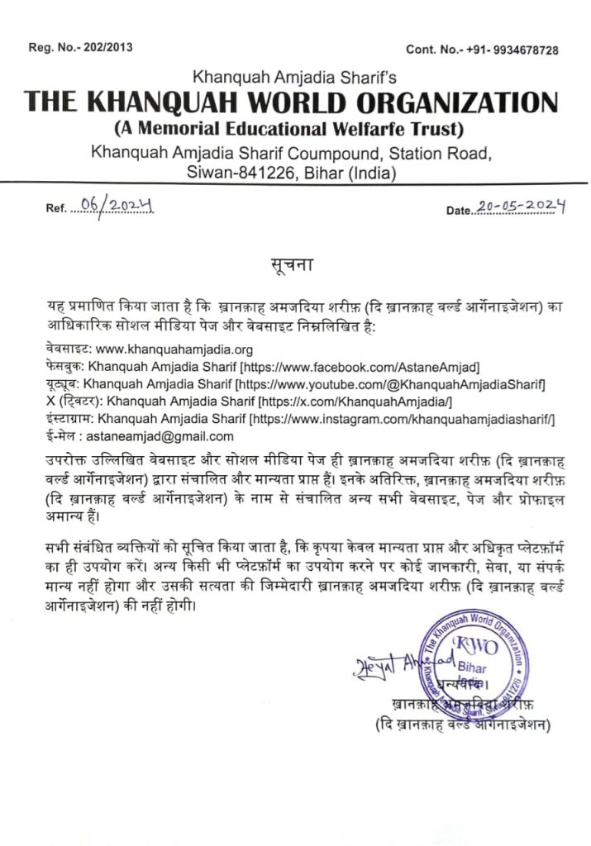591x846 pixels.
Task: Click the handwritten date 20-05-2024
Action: coord(522,207)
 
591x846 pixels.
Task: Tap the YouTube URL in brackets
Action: coord(390,384)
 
